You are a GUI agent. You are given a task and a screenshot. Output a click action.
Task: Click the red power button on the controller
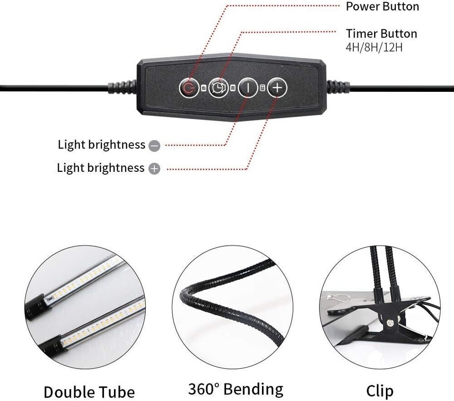coord(189,89)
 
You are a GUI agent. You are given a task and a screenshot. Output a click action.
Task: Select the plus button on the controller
coord(277,88)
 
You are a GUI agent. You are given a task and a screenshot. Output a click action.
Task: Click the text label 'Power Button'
coord(382,7)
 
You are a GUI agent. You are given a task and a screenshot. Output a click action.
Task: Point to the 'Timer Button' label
coord(381,34)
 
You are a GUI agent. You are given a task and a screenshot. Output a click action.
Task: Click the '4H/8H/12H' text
coord(374,47)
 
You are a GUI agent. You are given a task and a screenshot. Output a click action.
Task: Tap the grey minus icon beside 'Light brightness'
coord(154,146)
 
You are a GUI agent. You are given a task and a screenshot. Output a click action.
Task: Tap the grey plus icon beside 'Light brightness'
coord(154,169)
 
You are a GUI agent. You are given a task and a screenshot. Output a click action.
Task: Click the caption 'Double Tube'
coord(89,392)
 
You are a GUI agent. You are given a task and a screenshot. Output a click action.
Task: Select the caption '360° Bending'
coord(236,389)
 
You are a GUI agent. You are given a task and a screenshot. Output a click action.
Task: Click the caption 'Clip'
coord(379,391)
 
